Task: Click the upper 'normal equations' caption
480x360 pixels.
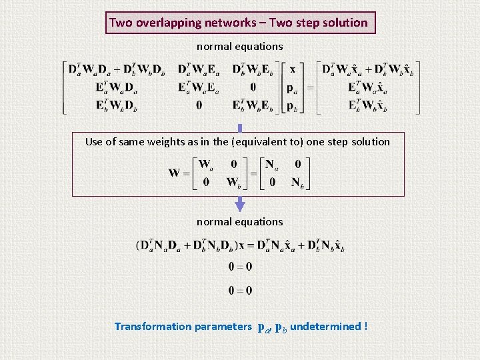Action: point(239,47)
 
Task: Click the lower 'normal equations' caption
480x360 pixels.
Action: point(239,221)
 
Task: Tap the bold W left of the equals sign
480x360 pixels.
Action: point(174,173)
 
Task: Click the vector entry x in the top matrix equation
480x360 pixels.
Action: point(292,70)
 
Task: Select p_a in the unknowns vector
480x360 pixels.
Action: point(292,87)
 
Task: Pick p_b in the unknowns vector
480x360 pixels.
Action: point(292,105)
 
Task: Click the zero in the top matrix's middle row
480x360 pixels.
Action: point(253,87)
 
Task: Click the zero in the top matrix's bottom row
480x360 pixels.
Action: point(199,105)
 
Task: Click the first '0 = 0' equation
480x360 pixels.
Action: point(240,267)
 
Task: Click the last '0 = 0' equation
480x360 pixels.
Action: point(240,290)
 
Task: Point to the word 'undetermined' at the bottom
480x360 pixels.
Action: point(325,326)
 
